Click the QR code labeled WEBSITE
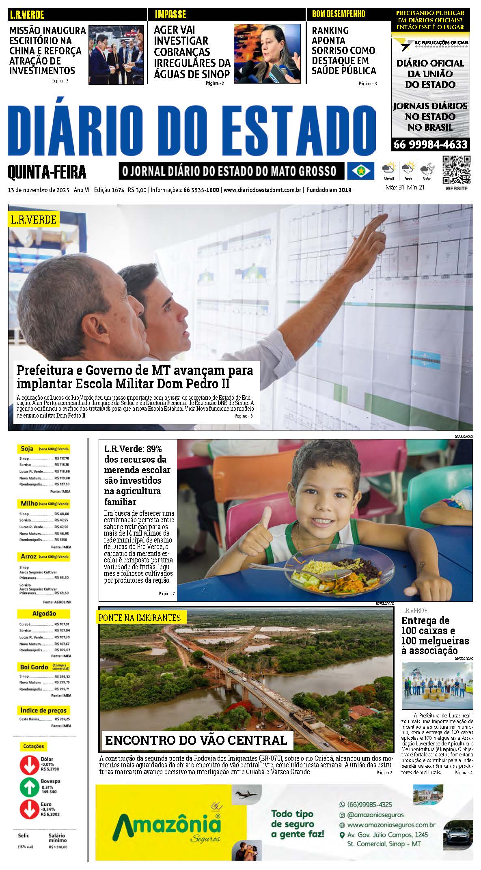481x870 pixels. (456, 170)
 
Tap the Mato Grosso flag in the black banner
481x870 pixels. (360, 171)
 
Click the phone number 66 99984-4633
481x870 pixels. (430, 144)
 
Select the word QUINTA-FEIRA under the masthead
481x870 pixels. (47, 172)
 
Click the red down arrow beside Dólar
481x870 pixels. (29, 764)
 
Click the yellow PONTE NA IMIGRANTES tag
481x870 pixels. (140, 618)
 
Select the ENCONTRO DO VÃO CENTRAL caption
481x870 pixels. (196, 740)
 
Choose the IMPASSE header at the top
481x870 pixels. (170, 15)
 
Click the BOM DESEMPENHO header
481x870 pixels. (339, 14)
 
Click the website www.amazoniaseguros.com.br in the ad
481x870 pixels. (391, 825)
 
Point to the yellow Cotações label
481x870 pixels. (33, 746)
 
